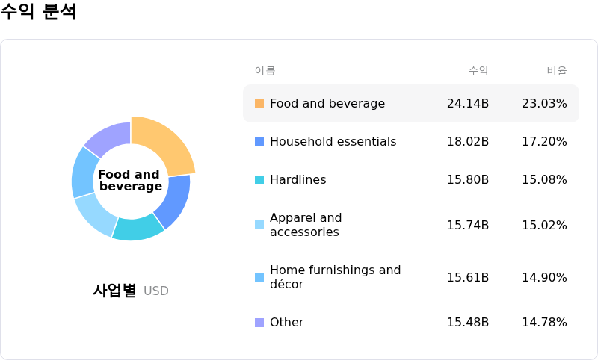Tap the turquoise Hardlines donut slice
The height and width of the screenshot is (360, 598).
[138, 228]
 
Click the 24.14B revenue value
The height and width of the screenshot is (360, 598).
[468, 104]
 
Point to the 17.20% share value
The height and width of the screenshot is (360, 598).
[544, 142]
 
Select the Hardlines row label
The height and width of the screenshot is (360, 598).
[298, 180]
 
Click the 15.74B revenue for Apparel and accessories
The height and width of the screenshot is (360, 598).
[468, 225]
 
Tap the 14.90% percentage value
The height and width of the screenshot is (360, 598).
[544, 277]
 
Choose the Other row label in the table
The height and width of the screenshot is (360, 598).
[287, 323]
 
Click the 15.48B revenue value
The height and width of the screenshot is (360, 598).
[468, 323]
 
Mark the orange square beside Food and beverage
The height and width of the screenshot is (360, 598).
[259, 104]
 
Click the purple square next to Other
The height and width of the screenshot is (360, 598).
[259, 323]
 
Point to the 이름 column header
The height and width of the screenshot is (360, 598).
[265, 71]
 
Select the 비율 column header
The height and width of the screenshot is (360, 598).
[557, 71]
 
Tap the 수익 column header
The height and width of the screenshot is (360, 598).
[478, 71]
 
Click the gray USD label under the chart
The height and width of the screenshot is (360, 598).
[156, 291]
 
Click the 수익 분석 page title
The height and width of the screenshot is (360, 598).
[38, 11]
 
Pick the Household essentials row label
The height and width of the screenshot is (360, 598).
[333, 142]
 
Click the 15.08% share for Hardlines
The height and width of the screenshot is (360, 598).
[544, 180]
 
